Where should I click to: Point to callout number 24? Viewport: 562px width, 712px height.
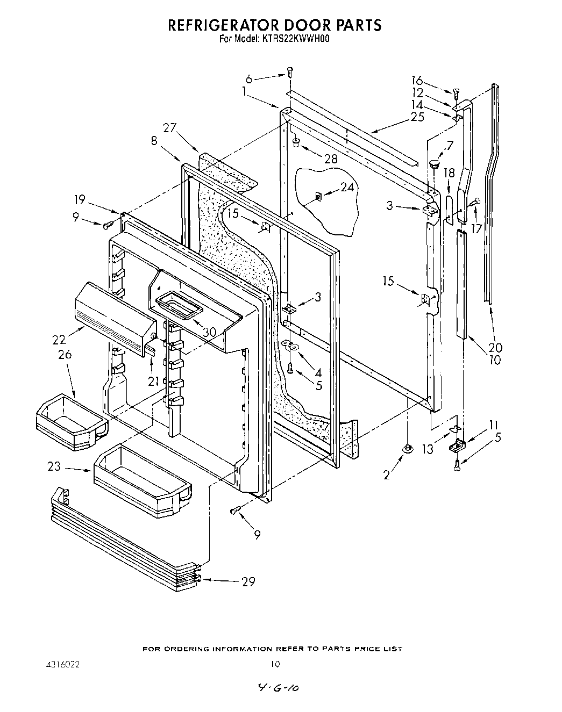click(348, 187)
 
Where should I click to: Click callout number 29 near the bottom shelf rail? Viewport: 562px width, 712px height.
click(248, 581)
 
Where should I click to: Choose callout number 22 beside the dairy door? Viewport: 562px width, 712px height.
click(59, 340)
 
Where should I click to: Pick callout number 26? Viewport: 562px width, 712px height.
click(66, 355)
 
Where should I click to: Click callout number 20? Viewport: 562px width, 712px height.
click(495, 347)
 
